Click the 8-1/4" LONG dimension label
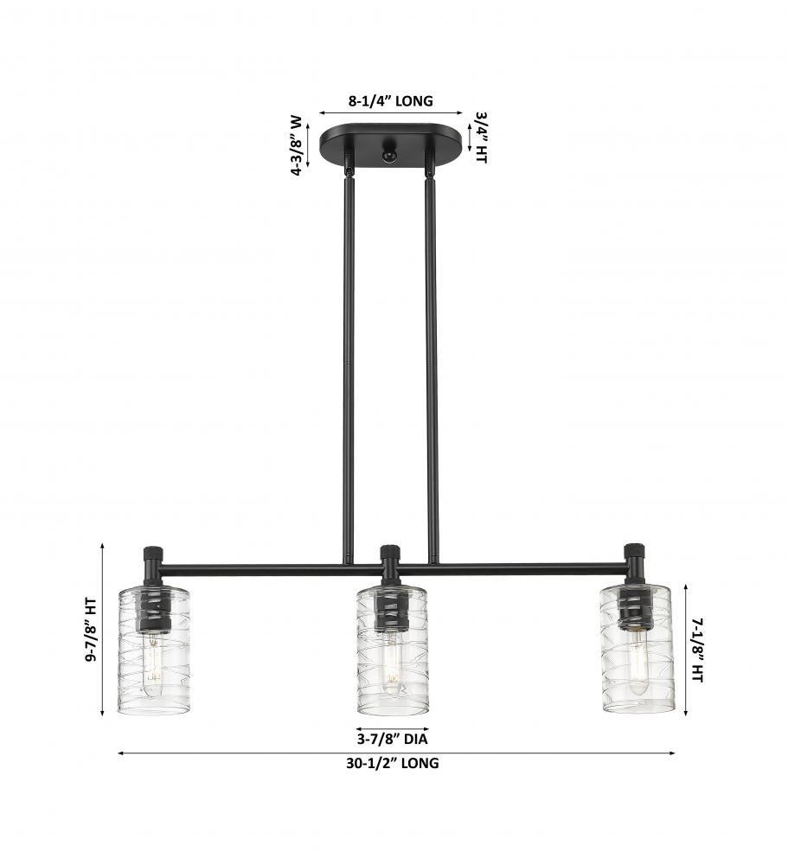[x=391, y=101]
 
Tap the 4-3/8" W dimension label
[x=297, y=145]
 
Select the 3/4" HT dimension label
[x=481, y=138]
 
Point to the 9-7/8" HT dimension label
[x=91, y=630]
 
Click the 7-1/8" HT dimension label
[x=697, y=650]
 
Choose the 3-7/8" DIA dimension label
[x=393, y=739]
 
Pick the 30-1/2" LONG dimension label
[x=393, y=763]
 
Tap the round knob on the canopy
[x=388, y=155]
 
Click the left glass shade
[x=154, y=650]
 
